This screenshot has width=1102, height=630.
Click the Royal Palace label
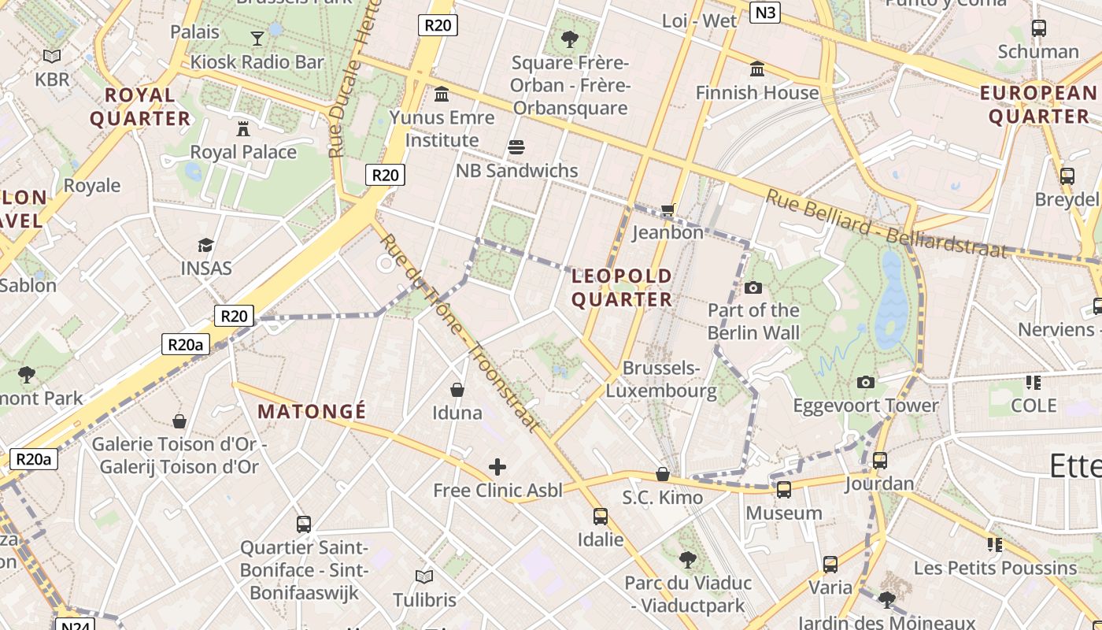243,152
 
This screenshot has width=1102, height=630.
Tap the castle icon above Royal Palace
243,128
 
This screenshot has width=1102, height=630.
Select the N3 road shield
764,12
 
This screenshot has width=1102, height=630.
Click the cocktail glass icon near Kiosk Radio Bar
257,38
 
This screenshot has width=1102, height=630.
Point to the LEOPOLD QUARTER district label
622,287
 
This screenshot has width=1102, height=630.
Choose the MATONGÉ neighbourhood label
312,411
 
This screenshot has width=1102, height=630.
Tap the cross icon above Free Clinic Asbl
497,467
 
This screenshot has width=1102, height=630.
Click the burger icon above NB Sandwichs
516,146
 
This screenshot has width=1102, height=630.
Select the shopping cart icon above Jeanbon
668,209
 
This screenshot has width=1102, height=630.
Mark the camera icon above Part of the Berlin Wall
753,287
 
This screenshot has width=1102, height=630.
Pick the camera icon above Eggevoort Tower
866,383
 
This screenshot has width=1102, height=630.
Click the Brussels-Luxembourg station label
661,379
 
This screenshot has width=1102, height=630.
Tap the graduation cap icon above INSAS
206,245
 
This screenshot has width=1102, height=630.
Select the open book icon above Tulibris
424,576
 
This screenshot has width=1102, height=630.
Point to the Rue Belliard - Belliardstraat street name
886,224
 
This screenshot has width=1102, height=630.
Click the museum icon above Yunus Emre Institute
442,94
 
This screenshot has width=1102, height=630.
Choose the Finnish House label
757,93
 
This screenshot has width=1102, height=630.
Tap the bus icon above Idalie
601,517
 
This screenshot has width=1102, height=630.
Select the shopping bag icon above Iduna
457,389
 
